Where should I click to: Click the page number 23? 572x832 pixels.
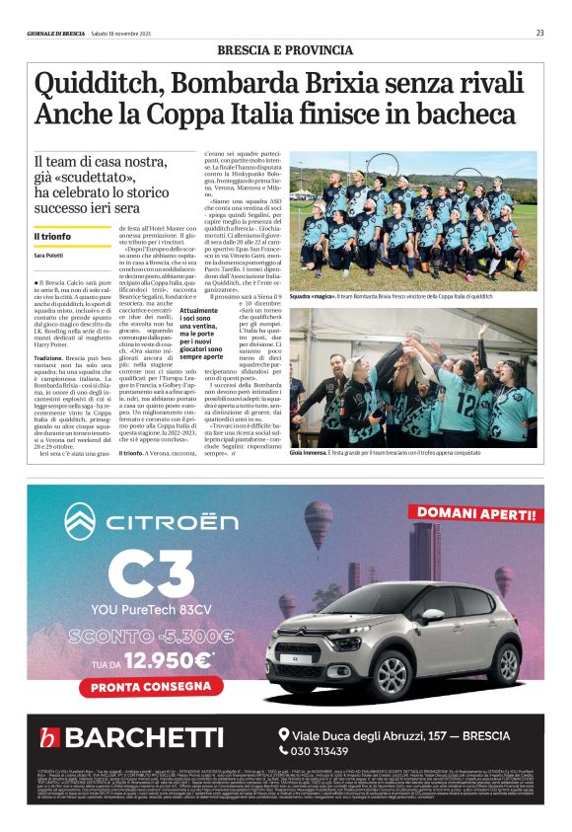pyautogui.click(x=540, y=33)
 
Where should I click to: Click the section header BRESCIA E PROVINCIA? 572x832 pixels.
pyautogui.click(x=286, y=49)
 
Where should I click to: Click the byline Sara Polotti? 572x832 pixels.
pyautogui.click(x=49, y=257)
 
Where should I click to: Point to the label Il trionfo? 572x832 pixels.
pyautogui.click(x=51, y=237)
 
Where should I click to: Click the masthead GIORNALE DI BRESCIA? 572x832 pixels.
pyautogui.click(x=56, y=34)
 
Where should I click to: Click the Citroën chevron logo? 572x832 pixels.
pyautogui.click(x=78, y=520)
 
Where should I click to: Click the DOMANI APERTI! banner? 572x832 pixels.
pyautogui.click(x=476, y=511)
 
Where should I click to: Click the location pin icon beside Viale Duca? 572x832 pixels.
pyautogui.click(x=285, y=733)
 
